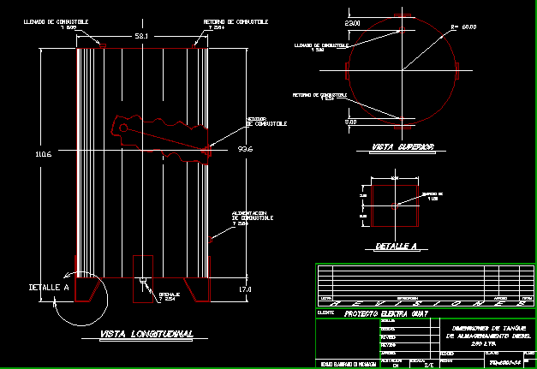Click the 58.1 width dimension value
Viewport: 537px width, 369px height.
(x=141, y=36)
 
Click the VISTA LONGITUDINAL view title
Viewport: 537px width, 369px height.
(x=146, y=333)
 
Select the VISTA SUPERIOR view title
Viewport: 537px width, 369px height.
(x=403, y=147)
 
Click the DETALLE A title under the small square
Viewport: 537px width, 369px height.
(x=396, y=247)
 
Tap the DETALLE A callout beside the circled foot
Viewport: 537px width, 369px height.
(x=49, y=287)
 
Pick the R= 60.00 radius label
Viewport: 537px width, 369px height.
(x=462, y=27)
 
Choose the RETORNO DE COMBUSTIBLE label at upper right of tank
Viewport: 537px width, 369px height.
(x=236, y=23)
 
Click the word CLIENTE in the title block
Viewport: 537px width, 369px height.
(x=325, y=313)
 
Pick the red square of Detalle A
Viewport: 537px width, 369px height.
(x=393, y=204)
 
